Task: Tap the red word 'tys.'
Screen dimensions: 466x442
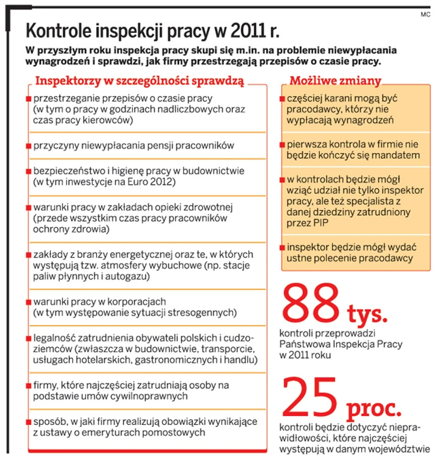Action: point(367,315)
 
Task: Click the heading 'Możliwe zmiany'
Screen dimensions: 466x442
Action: point(335,81)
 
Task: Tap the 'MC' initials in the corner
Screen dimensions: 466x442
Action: point(426,14)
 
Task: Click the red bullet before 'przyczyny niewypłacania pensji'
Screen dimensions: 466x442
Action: point(28,146)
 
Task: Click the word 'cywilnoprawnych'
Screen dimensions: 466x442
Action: point(153,396)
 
